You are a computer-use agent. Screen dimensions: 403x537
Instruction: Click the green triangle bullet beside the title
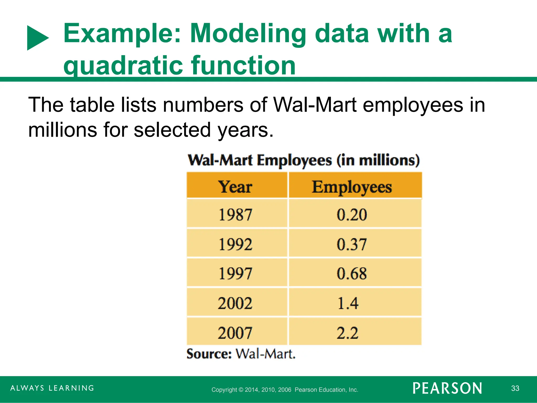coord(37,38)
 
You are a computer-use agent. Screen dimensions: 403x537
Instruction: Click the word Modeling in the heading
coord(248,34)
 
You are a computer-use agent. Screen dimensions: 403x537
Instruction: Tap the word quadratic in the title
coord(123,66)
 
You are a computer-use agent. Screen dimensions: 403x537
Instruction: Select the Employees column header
coord(352,187)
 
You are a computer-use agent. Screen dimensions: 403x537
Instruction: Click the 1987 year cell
coord(235,214)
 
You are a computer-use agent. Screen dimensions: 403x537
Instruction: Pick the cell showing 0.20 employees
coord(352,214)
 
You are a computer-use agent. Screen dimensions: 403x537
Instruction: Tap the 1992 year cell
coord(235,244)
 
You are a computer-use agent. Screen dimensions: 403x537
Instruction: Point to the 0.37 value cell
coord(352,244)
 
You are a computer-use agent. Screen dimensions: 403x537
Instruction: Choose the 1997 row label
coord(235,273)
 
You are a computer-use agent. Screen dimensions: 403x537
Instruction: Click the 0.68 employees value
coord(352,273)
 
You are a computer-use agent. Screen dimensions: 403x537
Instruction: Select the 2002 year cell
coord(235,303)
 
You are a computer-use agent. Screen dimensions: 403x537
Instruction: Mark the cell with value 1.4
coord(348,303)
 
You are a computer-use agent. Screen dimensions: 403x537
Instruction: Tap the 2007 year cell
coord(235,333)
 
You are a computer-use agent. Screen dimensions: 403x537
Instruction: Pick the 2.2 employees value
coord(348,333)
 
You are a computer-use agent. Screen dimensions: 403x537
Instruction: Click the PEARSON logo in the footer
coord(447,388)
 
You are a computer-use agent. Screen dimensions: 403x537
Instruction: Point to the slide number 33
coord(515,388)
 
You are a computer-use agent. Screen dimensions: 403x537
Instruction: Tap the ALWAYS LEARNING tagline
coord(52,388)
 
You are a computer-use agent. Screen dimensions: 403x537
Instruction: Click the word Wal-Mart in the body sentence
coord(315,105)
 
